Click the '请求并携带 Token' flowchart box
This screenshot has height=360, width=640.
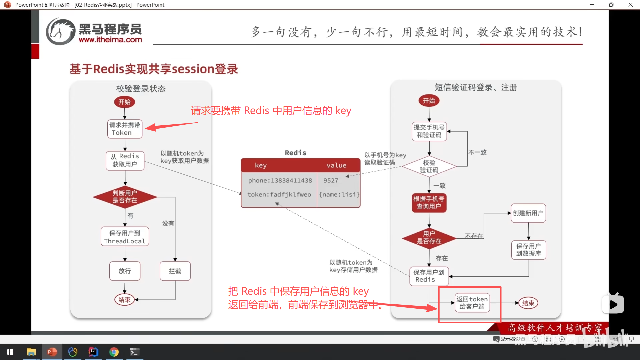(x=125, y=129)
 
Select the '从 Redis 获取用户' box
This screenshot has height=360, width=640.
(x=125, y=160)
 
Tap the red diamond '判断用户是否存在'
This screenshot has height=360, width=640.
(x=125, y=197)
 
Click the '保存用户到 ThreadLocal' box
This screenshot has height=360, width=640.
(x=125, y=237)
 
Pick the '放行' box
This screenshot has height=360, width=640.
(x=125, y=271)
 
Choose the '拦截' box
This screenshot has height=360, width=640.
(x=175, y=271)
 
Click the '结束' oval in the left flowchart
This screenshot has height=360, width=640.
(x=124, y=300)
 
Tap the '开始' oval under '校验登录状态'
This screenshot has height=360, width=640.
(x=124, y=102)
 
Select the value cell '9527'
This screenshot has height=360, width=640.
(x=331, y=180)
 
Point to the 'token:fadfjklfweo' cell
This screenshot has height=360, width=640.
(x=279, y=194)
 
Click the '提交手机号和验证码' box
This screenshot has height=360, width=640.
(x=429, y=131)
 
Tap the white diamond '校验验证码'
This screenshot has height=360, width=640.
(x=429, y=166)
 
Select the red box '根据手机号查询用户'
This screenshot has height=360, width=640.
(x=429, y=202)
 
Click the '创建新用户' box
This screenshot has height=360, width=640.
(x=528, y=213)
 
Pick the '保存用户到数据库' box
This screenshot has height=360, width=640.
(x=528, y=250)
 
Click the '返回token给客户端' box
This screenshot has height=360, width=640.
(x=472, y=303)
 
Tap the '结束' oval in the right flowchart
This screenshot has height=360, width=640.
(x=528, y=303)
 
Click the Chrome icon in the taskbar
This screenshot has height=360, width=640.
(x=114, y=352)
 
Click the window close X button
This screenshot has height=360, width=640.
(x=630, y=5)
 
